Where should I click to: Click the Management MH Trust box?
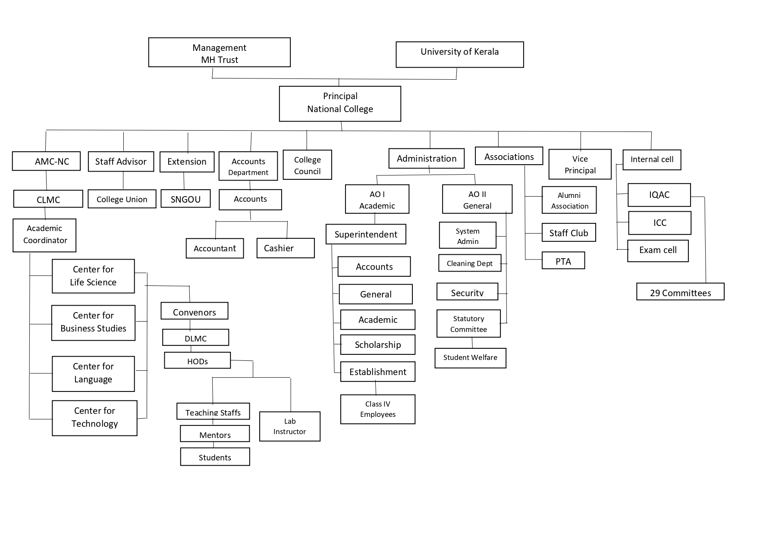click(219, 52)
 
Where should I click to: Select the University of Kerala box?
click(459, 54)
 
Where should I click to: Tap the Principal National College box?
click(340, 103)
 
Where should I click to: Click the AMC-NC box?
click(46, 161)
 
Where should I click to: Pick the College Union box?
click(122, 199)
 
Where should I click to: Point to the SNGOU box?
click(185, 199)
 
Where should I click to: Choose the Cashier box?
click(285, 248)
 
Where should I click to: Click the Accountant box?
click(214, 248)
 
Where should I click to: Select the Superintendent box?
click(366, 234)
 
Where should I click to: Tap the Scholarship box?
click(377, 344)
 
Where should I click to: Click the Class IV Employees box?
click(377, 409)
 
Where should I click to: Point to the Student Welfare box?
click(470, 358)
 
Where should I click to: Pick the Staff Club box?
click(569, 233)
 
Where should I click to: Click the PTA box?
click(563, 261)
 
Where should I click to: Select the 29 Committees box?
click(680, 292)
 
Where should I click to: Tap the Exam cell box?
click(657, 250)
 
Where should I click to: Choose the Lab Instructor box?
click(289, 426)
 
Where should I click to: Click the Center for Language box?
click(93, 373)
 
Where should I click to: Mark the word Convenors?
click(195, 313)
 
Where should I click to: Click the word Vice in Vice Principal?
click(580, 159)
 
